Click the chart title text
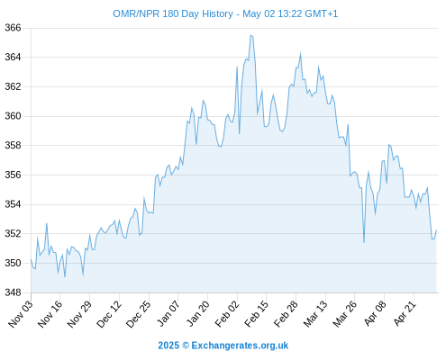pyautogui.click(x=225, y=13)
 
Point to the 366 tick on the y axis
pyautogui.click(x=13, y=28)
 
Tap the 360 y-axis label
pyautogui.click(x=13, y=116)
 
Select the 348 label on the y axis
pyautogui.click(x=13, y=292)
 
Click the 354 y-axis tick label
pyautogui.click(x=13, y=204)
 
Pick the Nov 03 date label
pyautogui.click(x=21, y=313)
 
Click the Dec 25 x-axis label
pyautogui.click(x=138, y=313)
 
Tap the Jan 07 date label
pyautogui.click(x=168, y=313)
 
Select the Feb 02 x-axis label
pyautogui.click(x=227, y=313)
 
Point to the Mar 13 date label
pyautogui.click(x=315, y=313)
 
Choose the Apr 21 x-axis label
pyautogui.click(x=405, y=313)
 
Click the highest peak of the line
pyautogui.click(x=250, y=35)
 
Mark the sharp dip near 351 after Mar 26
pyautogui.click(x=364, y=242)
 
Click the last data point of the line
pyautogui.click(x=436, y=230)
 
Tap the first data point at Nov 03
pyautogui.click(x=31, y=259)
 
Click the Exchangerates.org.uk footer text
pyautogui.click(x=240, y=346)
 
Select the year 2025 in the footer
pyautogui.click(x=168, y=346)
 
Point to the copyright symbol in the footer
pyautogui.click(x=186, y=346)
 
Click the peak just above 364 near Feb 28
pyautogui.click(x=300, y=54)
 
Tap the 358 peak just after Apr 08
pyautogui.click(x=388, y=145)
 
